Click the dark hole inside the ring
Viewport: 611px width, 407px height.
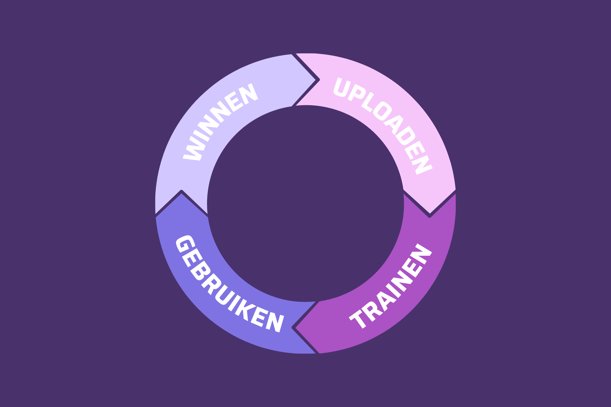click(x=305, y=203)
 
